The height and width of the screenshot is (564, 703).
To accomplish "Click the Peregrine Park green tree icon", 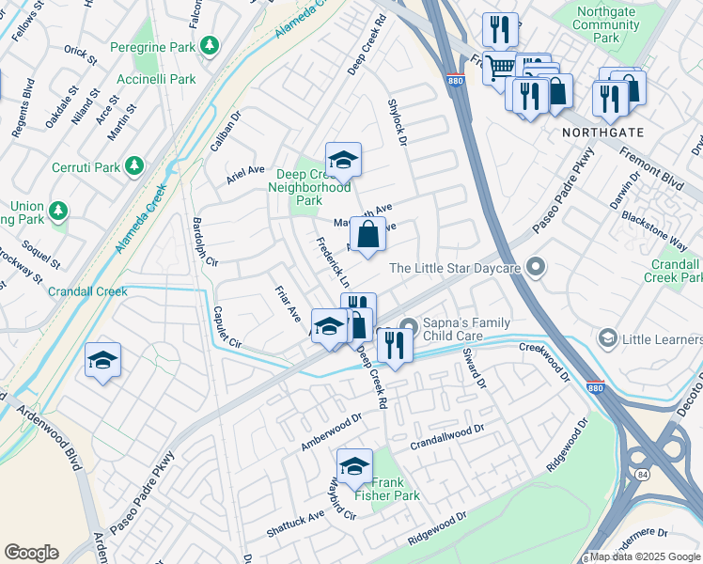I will pyautogui.click(x=211, y=45).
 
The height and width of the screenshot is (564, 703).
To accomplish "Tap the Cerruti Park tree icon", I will pyautogui.click(x=134, y=165).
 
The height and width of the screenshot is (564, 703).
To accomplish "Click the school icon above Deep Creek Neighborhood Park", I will pyautogui.click(x=344, y=161).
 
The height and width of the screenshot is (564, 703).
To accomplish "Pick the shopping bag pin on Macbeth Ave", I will pyautogui.click(x=367, y=233).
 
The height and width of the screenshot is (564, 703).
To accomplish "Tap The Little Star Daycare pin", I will pyautogui.click(x=536, y=268).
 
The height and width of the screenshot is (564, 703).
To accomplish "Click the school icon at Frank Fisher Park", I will pyautogui.click(x=354, y=466).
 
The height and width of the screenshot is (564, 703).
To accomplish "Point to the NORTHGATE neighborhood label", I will pyautogui.click(x=601, y=133).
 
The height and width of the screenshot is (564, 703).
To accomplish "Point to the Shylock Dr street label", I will pyautogui.click(x=397, y=122).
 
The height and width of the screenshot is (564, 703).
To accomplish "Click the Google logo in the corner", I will pyautogui.click(x=31, y=553).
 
